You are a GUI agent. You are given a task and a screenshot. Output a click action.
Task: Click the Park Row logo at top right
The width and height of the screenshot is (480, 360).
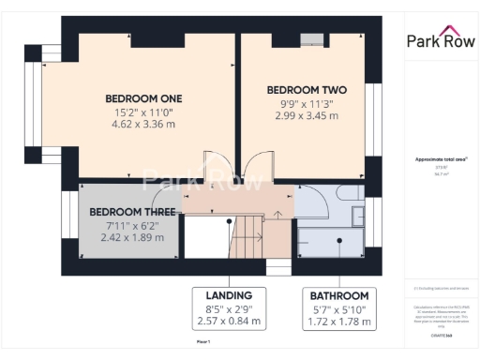point(439,39)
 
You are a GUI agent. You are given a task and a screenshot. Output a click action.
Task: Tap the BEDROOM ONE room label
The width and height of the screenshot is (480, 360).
point(142,98)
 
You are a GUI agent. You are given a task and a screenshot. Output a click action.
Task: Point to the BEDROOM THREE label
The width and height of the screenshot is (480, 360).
point(132,212)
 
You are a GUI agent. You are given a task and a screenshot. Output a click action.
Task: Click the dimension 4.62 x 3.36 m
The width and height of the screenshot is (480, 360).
point(142,123)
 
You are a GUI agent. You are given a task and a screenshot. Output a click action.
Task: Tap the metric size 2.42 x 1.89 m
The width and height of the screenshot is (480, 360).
point(132,238)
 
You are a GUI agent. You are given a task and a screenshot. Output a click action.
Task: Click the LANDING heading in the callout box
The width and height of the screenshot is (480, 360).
point(229,295)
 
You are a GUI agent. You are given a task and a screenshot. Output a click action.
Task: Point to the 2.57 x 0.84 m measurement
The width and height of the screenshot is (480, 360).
point(229,322)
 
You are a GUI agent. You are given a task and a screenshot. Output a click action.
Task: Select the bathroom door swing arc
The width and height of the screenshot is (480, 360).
point(309,199)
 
